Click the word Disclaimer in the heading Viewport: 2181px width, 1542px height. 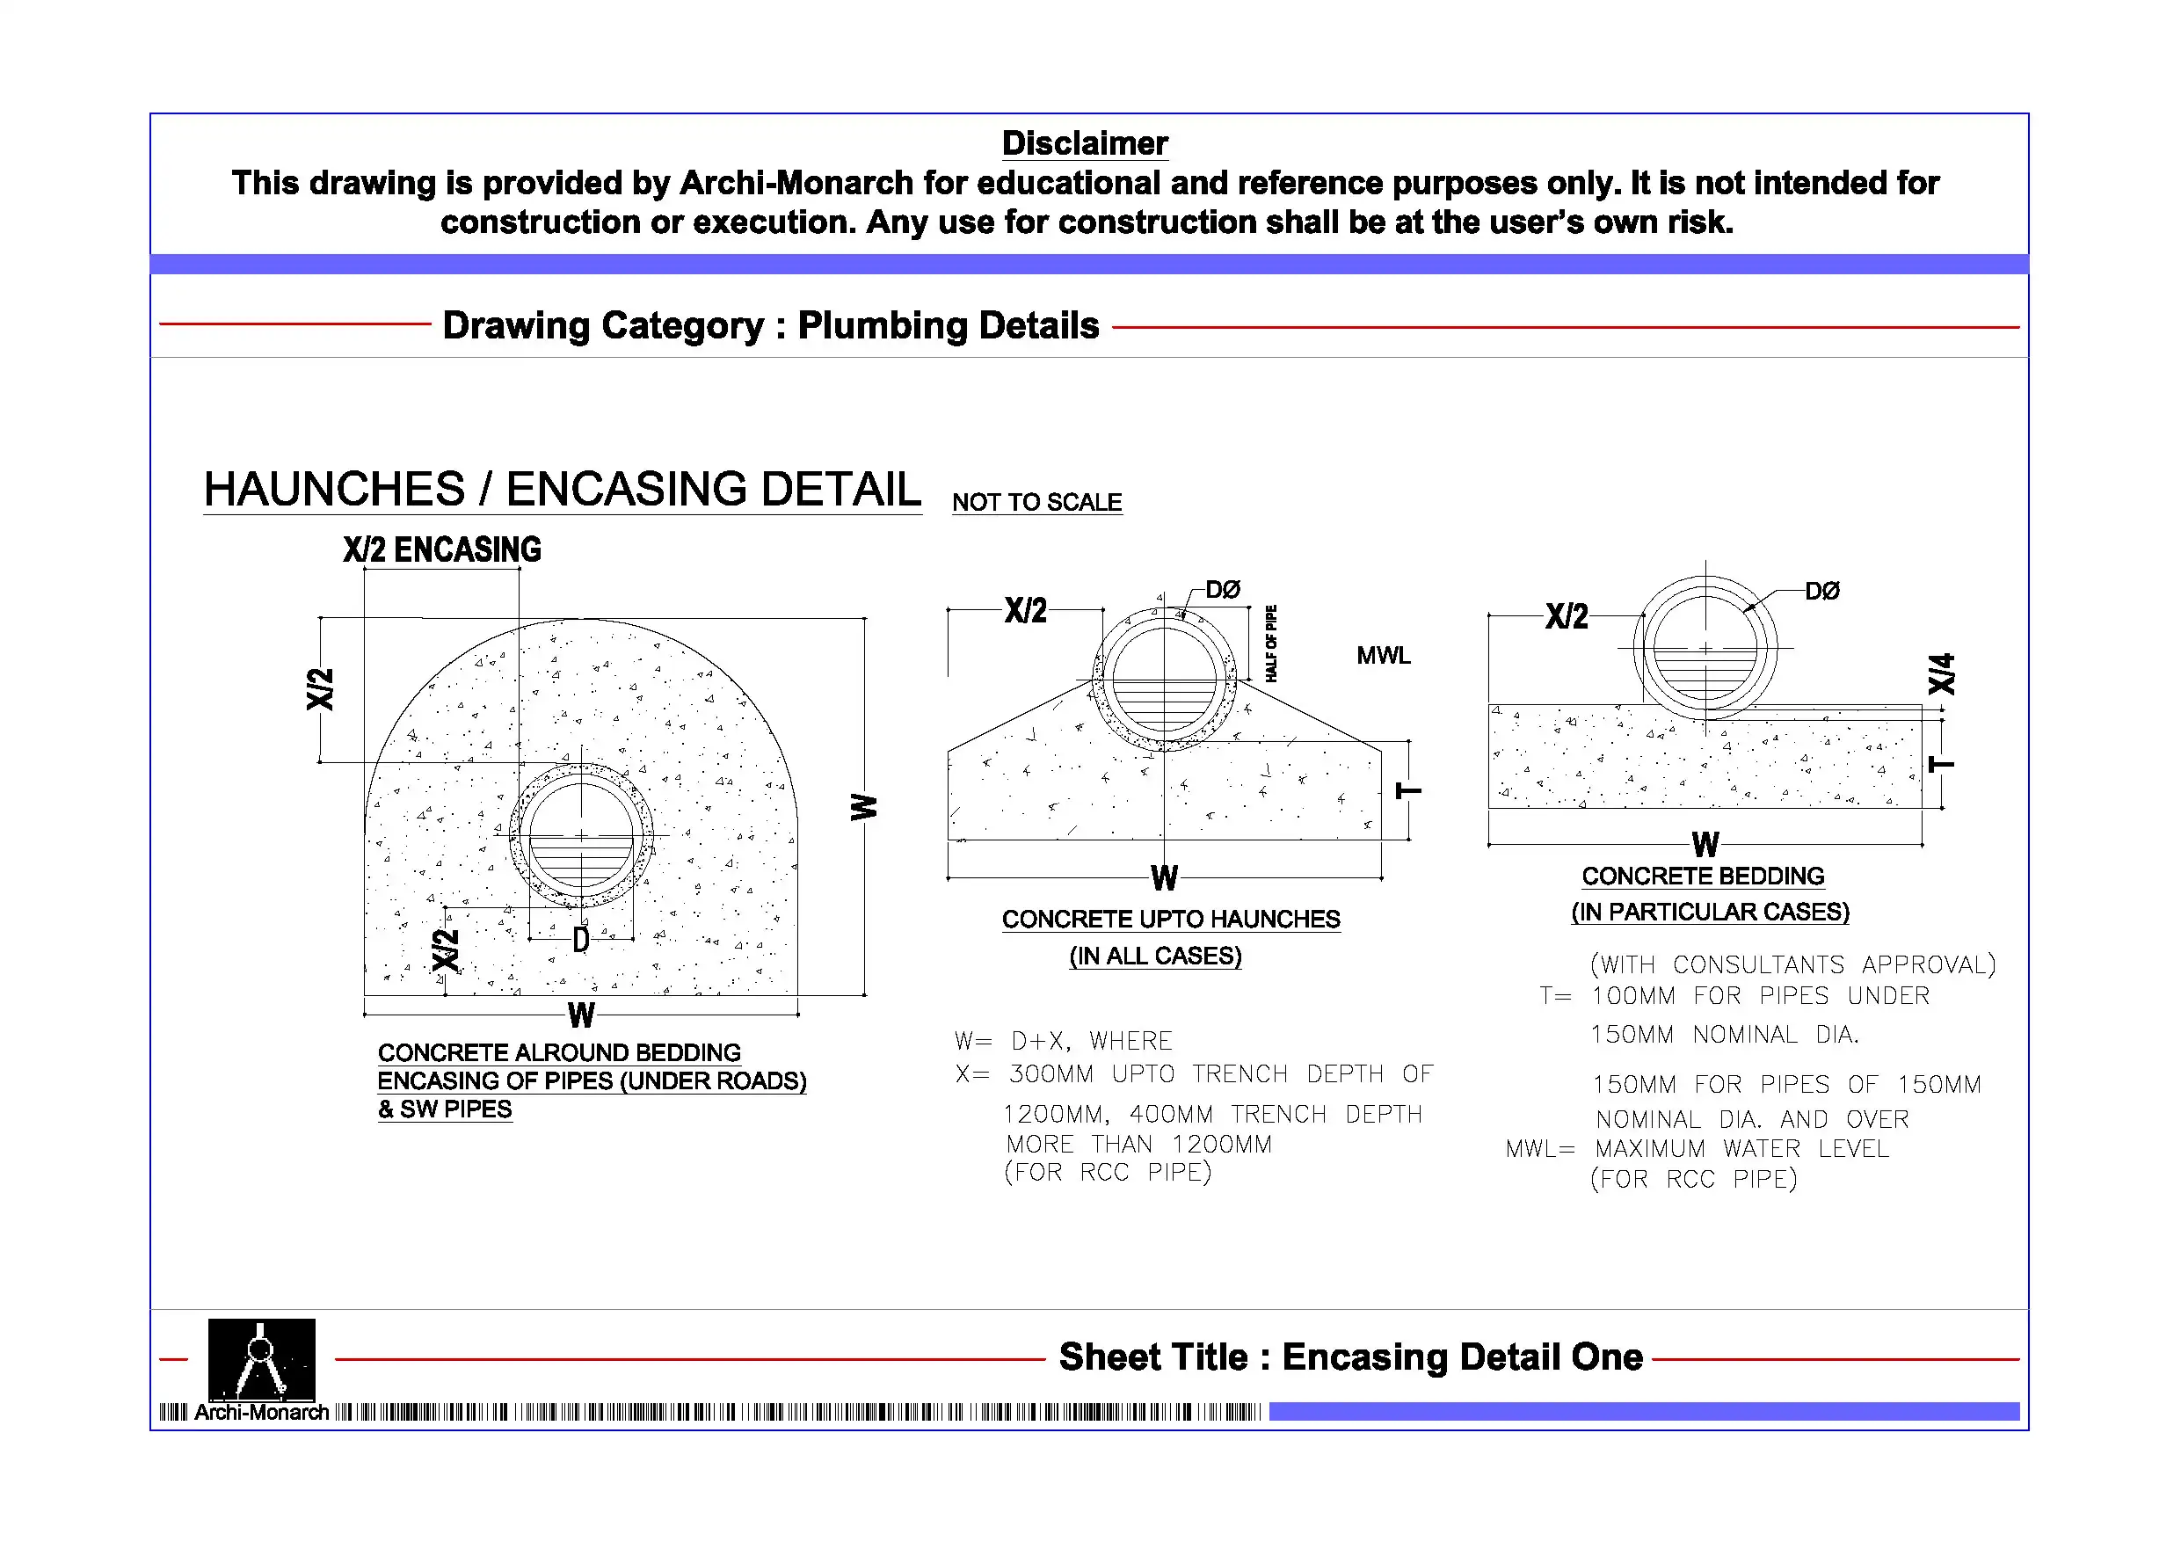click(x=1084, y=143)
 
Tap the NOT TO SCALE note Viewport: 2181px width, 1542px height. click(x=1036, y=503)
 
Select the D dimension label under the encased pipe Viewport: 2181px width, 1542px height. click(x=580, y=941)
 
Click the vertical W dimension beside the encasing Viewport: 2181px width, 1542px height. click(x=863, y=808)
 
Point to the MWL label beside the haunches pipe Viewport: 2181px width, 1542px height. click(x=1383, y=656)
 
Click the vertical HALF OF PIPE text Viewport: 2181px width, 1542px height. click(x=1271, y=644)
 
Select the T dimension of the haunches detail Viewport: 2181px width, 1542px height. click(x=1407, y=790)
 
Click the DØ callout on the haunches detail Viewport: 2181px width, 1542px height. click(x=1223, y=589)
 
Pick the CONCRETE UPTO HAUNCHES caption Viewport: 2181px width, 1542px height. click(x=1170, y=920)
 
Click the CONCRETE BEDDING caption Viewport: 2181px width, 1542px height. click(x=1702, y=876)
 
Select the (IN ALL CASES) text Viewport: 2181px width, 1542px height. click(x=1155, y=956)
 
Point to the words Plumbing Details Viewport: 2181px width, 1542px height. click(x=947, y=326)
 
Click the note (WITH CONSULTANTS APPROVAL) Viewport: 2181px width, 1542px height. click(x=1792, y=964)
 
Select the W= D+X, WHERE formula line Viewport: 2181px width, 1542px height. click(x=1063, y=1041)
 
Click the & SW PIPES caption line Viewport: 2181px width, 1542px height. click(x=445, y=1109)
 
